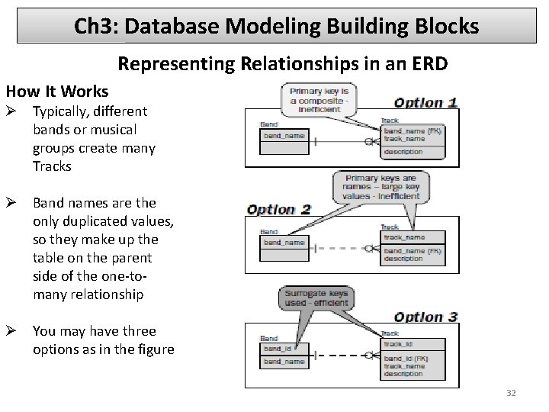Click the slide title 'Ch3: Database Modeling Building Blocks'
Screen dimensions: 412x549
[276, 27]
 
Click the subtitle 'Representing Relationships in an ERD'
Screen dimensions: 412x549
[282, 65]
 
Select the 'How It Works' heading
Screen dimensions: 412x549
[57, 92]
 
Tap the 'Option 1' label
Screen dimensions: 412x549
[425, 101]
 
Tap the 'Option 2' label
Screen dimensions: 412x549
[278, 210]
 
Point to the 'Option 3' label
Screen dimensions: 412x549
[425, 317]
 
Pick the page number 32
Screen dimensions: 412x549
[511, 393]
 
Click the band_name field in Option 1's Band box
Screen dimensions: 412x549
[284, 136]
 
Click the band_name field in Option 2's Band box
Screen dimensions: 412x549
[284, 243]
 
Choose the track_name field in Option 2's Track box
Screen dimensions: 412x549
[404, 237]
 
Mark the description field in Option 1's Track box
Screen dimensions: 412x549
[403, 152]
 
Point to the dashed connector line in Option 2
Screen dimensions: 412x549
[339, 248]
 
